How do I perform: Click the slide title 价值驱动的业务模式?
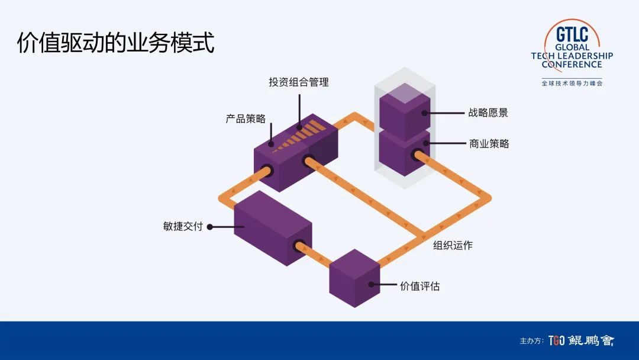pyautogui.click(x=115, y=43)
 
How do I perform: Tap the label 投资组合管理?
pyautogui.click(x=299, y=82)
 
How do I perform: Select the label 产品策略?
pyautogui.click(x=246, y=118)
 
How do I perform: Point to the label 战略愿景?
pyautogui.click(x=488, y=112)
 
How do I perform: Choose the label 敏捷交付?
pyautogui.click(x=183, y=226)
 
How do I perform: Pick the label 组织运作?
pyautogui.click(x=453, y=245)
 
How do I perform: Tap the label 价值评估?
pyautogui.click(x=419, y=286)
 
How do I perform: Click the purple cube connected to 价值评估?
pyautogui.click(x=354, y=278)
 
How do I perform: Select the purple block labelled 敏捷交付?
pyautogui.click(x=272, y=228)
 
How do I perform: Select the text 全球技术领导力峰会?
pyautogui.click(x=572, y=83)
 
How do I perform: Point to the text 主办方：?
pyautogui.click(x=531, y=341)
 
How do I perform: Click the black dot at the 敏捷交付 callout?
pyautogui.click(x=209, y=226)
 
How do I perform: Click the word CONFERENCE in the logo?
pyautogui.click(x=572, y=64)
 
